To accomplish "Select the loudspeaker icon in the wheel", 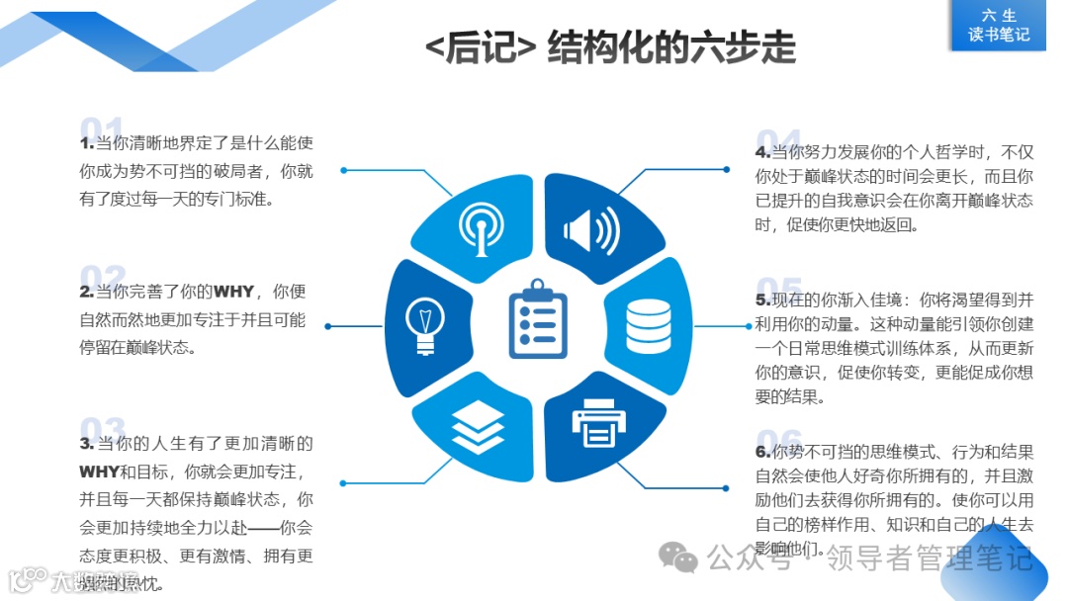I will (x=591, y=231).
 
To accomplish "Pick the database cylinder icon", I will (x=647, y=321).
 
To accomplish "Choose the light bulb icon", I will (x=425, y=323).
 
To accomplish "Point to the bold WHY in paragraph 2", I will (x=234, y=292).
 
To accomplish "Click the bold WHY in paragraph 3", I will (x=99, y=472).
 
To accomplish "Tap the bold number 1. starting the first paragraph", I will (x=87, y=144).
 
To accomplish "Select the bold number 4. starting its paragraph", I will (x=762, y=152).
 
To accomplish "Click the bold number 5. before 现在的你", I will (x=762, y=300).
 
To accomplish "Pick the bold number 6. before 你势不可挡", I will (x=762, y=452).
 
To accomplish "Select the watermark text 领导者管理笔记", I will (x=929, y=559).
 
